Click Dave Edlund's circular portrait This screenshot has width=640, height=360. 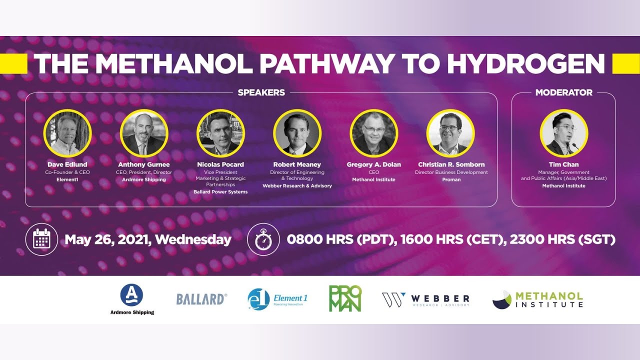(x=67, y=133)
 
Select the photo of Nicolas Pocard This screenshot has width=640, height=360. (x=220, y=133)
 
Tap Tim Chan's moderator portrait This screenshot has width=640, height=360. (x=563, y=133)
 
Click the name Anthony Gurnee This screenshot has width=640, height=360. (x=144, y=164)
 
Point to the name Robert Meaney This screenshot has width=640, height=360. (x=297, y=164)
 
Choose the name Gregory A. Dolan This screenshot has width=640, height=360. (x=373, y=164)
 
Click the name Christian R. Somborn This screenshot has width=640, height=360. (x=451, y=164)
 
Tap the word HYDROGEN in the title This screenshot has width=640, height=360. (x=525, y=64)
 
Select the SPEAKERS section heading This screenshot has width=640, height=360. (x=261, y=92)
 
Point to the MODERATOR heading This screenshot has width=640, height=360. (x=563, y=92)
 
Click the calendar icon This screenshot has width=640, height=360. (x=41, y=239)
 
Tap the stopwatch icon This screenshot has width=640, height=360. (x=263, y=239)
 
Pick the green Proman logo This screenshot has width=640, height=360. (x=345, y=298)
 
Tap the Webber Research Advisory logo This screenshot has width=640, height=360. (x=426, y=299)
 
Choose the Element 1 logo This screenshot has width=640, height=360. (x=277, y=299)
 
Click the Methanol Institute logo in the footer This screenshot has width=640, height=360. (x=537, y=299)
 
